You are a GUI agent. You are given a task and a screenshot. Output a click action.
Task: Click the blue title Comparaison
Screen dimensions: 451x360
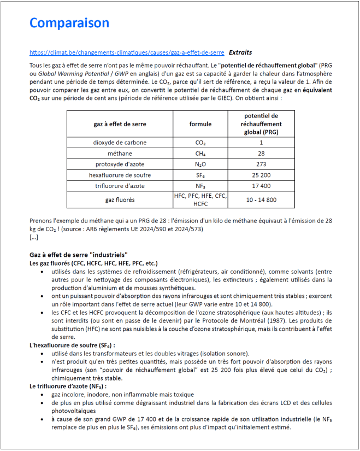69,23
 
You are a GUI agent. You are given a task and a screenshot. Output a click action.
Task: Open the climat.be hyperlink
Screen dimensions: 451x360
127,53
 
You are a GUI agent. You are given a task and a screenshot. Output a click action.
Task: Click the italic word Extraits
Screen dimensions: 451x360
240,53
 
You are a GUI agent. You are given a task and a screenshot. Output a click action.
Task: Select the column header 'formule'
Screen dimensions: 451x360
200,124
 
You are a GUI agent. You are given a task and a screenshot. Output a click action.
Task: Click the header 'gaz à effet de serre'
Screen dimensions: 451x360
120,124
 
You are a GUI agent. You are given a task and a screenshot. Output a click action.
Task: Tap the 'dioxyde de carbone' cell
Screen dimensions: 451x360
120,143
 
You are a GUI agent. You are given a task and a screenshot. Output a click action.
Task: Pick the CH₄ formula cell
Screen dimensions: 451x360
200,154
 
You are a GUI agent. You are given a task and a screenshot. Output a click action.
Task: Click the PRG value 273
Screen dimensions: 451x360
261,165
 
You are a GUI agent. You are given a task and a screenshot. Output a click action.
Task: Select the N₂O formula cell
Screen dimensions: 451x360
200,165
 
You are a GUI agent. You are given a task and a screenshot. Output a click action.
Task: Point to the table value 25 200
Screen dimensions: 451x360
261,175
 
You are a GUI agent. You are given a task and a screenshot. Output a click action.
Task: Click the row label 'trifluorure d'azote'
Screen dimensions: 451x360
120,186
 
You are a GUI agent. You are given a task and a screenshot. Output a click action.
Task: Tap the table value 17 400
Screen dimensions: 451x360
261,186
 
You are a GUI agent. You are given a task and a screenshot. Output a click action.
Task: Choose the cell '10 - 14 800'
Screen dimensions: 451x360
261,200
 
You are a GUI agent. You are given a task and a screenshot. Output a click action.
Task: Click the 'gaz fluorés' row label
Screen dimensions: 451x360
120,200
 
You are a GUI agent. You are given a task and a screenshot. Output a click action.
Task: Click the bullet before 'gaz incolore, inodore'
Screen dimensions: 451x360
43,394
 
